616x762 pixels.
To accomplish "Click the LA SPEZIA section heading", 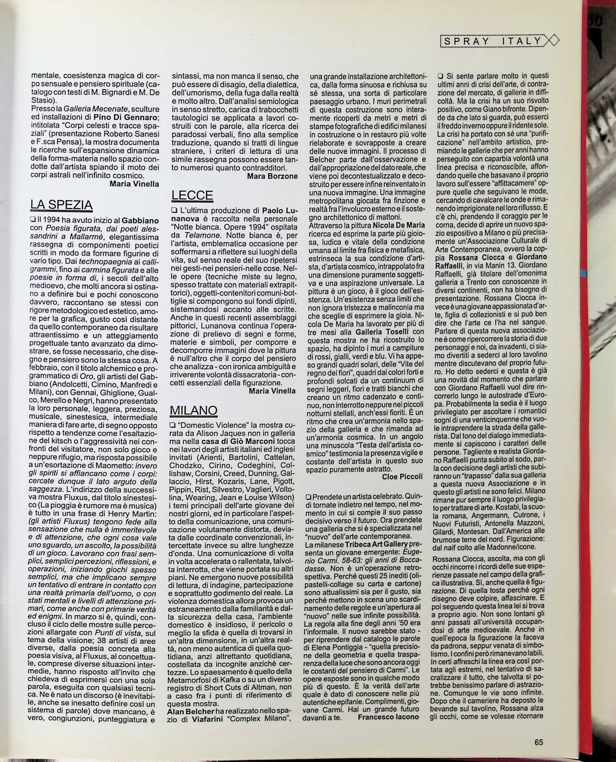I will point(61,204).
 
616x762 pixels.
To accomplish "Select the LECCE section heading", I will point(192,195).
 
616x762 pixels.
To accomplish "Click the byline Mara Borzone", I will point(272,176).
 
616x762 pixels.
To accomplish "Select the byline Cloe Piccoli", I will point(402,476).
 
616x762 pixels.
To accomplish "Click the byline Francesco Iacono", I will point(388,717).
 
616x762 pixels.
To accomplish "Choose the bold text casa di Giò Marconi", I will point(237,441).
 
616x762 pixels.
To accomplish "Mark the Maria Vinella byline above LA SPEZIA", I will point(128,183).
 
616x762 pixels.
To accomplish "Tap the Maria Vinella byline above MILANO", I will point(272,391).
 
